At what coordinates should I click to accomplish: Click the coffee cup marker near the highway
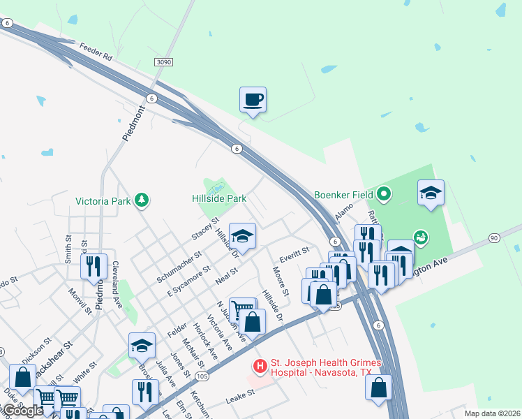tap(253, 99)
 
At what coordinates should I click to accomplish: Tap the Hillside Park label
tap(219, 198)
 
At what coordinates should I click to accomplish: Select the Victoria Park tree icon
tap(142, 200)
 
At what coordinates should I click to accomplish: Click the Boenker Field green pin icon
tap(384, 193)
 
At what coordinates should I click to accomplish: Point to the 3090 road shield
tap(163, 62)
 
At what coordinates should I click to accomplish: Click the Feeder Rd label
tap(96, 52)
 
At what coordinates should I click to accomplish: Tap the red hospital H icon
tap(260, 366)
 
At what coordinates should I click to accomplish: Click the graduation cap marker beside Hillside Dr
tap(243, 236)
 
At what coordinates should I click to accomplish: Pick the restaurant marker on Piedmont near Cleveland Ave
tap(93, 266)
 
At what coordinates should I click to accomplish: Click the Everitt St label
tap(294, 251)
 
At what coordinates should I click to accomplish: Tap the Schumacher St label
tap(179, 267)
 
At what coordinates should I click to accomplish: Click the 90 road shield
tap(493, 238)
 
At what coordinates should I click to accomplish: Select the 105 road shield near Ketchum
tap(203, 376)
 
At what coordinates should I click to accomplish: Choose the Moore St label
tap(281, 281)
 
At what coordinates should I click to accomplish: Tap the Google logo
tap(22, 411)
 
